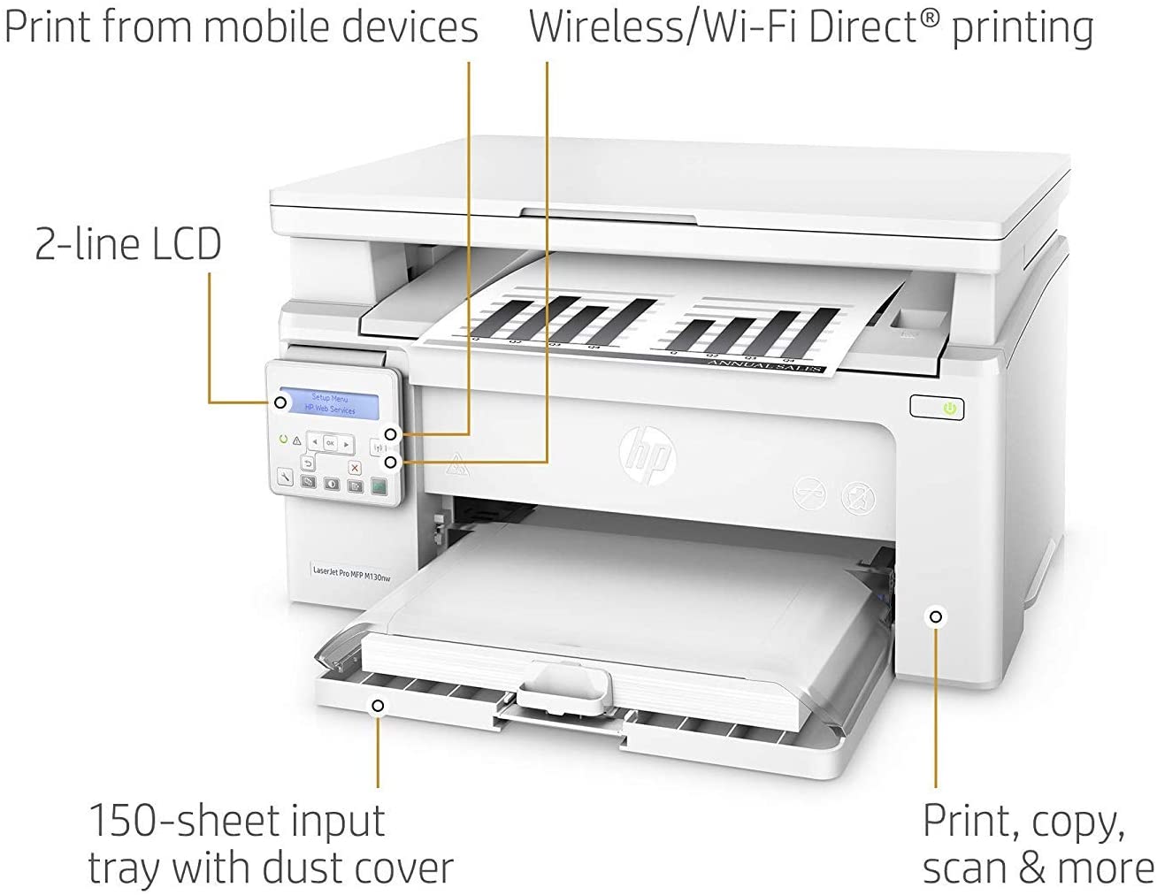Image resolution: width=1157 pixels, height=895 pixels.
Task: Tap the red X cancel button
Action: point(355,468)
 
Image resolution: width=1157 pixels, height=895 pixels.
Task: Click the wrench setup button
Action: point(285,477)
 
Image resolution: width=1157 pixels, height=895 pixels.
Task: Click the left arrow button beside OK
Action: point(314,442)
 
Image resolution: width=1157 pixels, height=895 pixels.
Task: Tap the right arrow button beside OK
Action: point(347,444)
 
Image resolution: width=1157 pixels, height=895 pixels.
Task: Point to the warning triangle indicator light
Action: point(296,440)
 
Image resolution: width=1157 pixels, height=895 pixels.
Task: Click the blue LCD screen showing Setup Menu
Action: point(328,404)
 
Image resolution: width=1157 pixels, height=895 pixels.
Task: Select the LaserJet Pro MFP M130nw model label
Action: point(351,574)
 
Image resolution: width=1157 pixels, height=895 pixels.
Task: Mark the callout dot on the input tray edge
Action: point(378,705)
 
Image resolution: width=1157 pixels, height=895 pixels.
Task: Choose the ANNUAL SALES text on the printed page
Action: point(766,364)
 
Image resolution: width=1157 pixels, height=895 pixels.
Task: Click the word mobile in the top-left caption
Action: point(268,27)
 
